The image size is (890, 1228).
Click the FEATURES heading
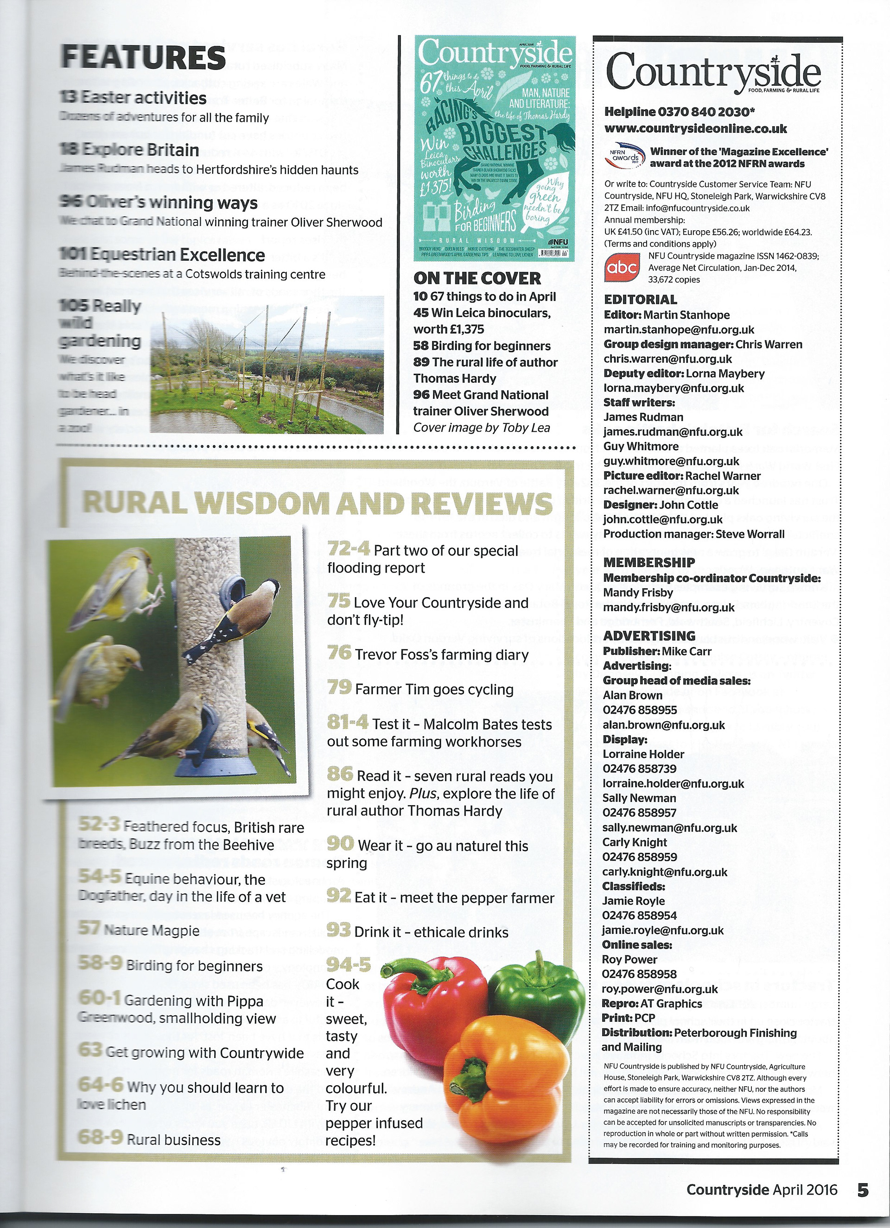click(143, 57)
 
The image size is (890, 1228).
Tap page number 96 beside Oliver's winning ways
click(71, 202)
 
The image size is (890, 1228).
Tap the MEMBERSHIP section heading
click(649, 562)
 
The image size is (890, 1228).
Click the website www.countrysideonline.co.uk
click(695, 128)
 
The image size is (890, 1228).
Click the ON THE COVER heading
click(477, 278)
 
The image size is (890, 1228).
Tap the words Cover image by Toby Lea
click(481, 428)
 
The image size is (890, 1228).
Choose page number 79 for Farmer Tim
click(340, 687)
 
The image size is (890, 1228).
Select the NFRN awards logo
click(623, 157)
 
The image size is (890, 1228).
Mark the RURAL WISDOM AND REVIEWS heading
click(317, 504)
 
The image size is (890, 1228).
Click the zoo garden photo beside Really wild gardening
click(267, 365)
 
